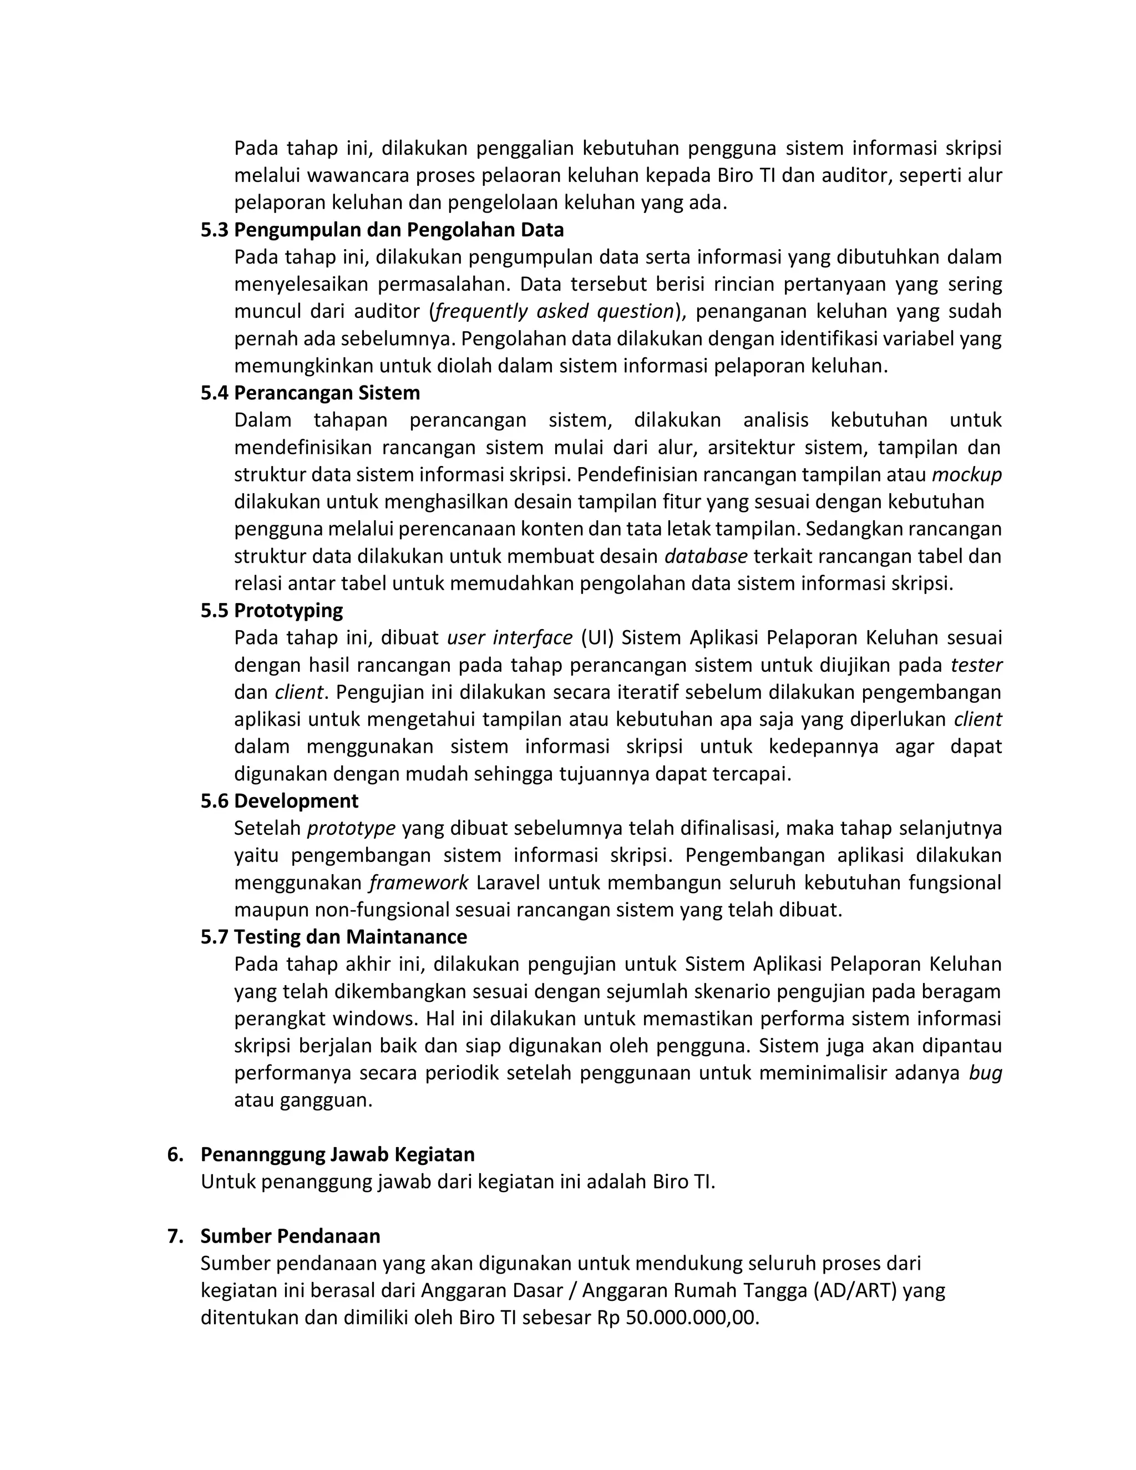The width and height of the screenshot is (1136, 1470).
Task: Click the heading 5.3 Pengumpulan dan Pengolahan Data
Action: (x=382, y=230)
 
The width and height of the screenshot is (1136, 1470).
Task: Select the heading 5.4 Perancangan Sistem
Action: (x=310, y=393)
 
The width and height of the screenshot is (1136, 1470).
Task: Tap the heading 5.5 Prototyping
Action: (x=271, y=611)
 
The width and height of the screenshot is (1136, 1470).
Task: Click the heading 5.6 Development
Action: (x=280, y=801)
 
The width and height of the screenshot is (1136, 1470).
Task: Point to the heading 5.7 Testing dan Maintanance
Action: (x=333, y=937)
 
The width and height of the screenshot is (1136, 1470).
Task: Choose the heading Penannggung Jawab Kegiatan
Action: (x=337, y=1154)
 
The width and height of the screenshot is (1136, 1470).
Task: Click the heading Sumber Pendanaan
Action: (x=290, y=1236)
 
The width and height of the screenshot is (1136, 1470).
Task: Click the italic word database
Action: (x=706, y=556)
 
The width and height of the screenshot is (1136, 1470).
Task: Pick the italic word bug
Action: (x=985, y=1073)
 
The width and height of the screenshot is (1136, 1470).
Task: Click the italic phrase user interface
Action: (x=509, y=637)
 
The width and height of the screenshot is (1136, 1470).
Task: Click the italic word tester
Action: (x=976, y=665)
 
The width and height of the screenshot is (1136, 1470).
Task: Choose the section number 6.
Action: (x=175, y=1154)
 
